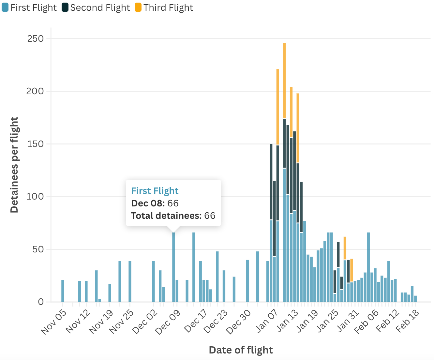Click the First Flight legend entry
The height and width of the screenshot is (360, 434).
click(x=29, y=7)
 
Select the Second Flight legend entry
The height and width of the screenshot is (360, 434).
click(x=96, y=7)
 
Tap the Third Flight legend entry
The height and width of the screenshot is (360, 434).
click(x=164, y=7)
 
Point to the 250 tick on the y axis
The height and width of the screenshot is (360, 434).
click(x=36, y=38)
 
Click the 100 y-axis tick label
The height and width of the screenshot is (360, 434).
click(x=36, y=197)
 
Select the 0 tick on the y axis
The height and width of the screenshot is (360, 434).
click(x=40, y=302)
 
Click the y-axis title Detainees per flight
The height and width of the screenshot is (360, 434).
click(x=14, y=165)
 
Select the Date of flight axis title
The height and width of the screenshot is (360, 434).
click(x=241, y=350)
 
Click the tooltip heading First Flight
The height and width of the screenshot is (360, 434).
click(x=155, y=191)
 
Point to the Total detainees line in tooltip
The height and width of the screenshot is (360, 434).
click(x=173, y=216)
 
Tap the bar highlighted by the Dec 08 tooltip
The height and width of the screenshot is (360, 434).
click(x=173, y=267)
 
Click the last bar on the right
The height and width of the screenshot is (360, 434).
click(x=415, y=299)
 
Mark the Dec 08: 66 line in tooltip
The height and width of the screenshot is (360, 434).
click(x=155, y=203)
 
